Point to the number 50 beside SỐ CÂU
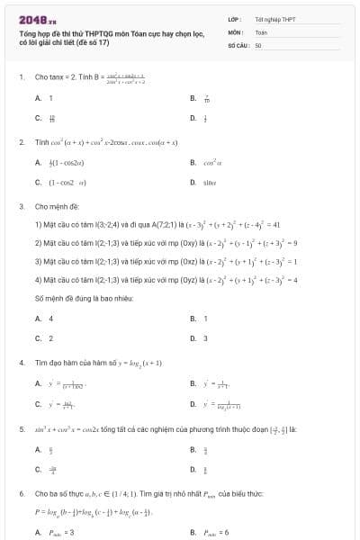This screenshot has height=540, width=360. coord(258,44)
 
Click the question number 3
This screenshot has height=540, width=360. coord(21,206)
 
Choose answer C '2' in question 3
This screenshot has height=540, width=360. coord(50,338)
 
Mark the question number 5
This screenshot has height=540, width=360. coord(21,430)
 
